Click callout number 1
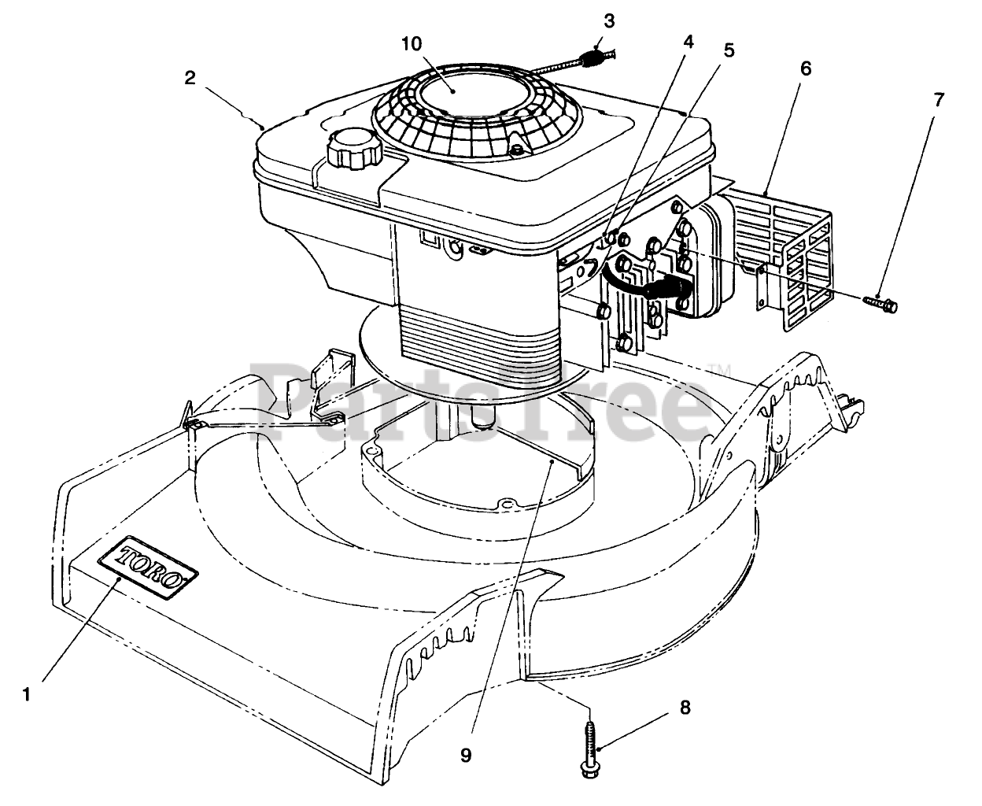[27, 694]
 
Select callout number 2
[190, 78]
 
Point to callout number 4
[689, 43]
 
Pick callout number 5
[729, 51]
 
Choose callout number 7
[938, 100]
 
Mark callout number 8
[685, 708]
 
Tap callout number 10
[411, 43]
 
